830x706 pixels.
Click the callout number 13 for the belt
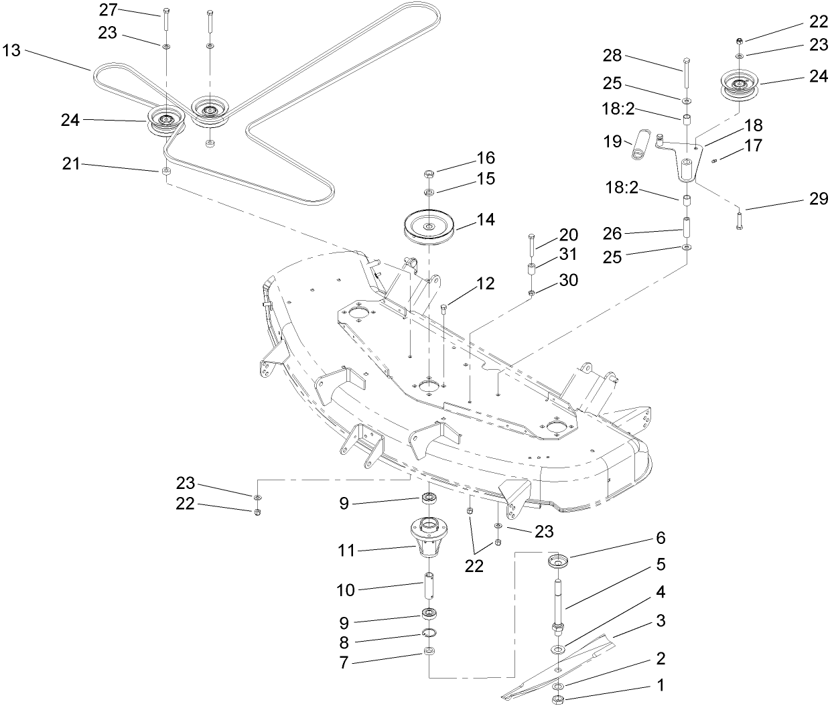(12, 51)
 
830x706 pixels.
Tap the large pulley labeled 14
(429, 228)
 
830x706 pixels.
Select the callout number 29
(819, 200)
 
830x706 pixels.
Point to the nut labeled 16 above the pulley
(429, 175)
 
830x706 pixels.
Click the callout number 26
(613, 233)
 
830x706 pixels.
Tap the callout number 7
(344, 663)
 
